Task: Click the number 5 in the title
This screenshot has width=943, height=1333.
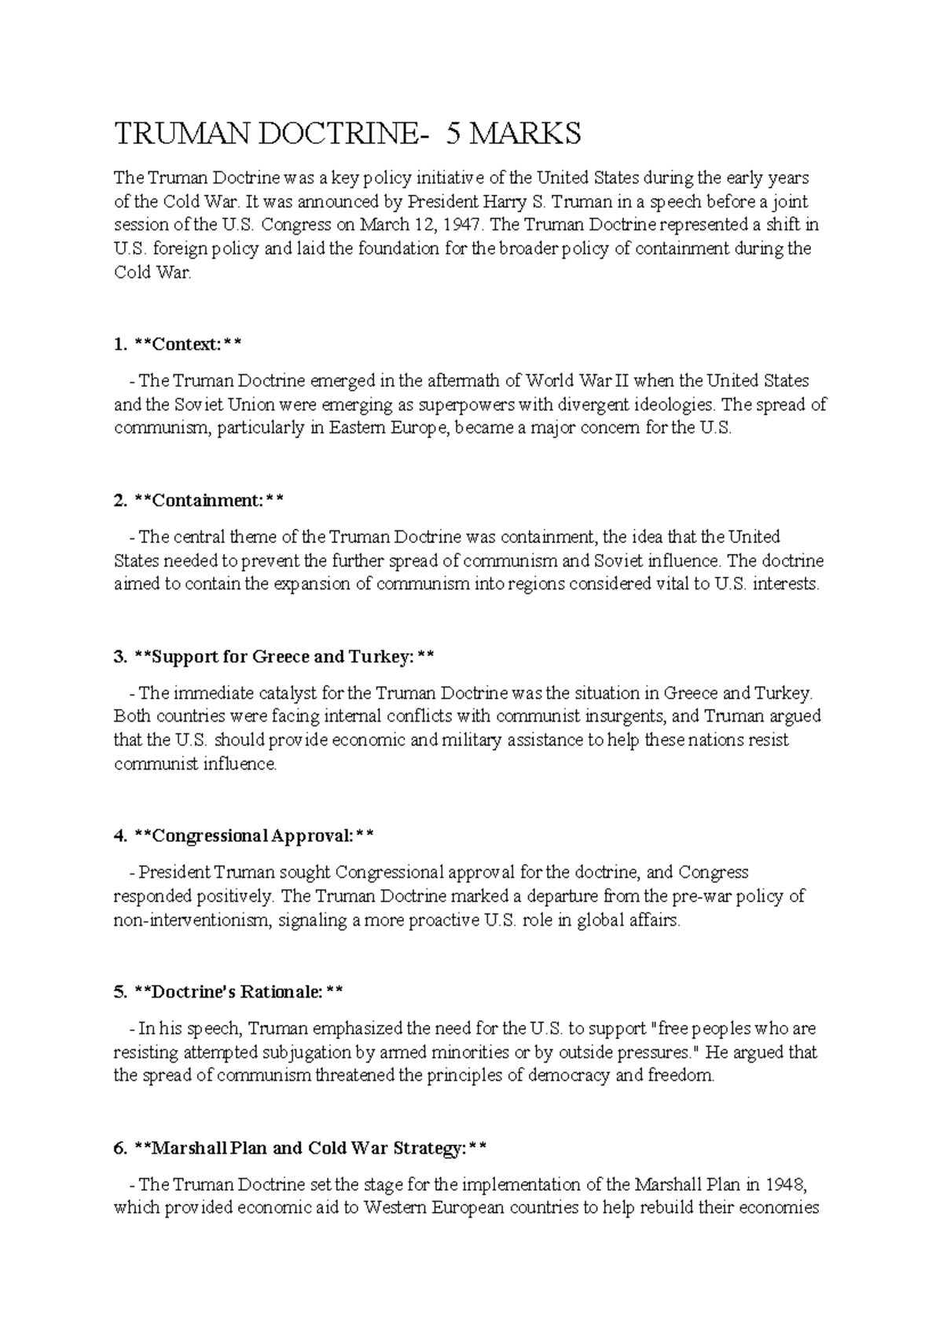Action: pyautogui.click(x=453, y=134)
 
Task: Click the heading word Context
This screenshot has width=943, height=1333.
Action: pyautogui.click(x=185, y=344)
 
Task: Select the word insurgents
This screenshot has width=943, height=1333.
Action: pyautogui.click(x=626, y=717)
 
